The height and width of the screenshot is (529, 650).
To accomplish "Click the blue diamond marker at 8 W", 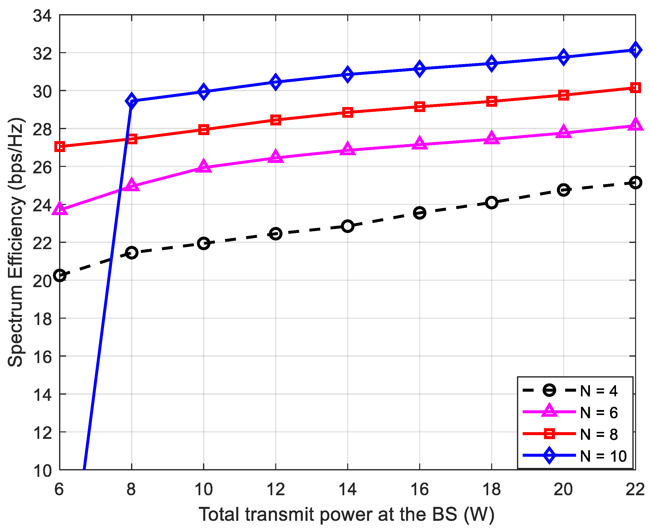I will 132,101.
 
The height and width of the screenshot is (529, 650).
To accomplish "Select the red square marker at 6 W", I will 60,146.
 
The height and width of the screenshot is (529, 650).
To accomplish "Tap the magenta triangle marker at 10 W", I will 204,167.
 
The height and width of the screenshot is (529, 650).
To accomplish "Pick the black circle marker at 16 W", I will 419,213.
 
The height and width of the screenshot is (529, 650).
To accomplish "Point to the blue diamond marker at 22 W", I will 635,50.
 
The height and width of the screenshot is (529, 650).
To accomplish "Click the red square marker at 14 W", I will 347,112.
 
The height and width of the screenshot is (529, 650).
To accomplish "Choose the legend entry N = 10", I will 603,456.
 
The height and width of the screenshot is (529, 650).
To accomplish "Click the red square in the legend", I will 549,434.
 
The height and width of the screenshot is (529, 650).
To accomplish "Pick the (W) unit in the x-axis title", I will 479,515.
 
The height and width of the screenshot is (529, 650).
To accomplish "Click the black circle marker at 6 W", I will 60,275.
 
